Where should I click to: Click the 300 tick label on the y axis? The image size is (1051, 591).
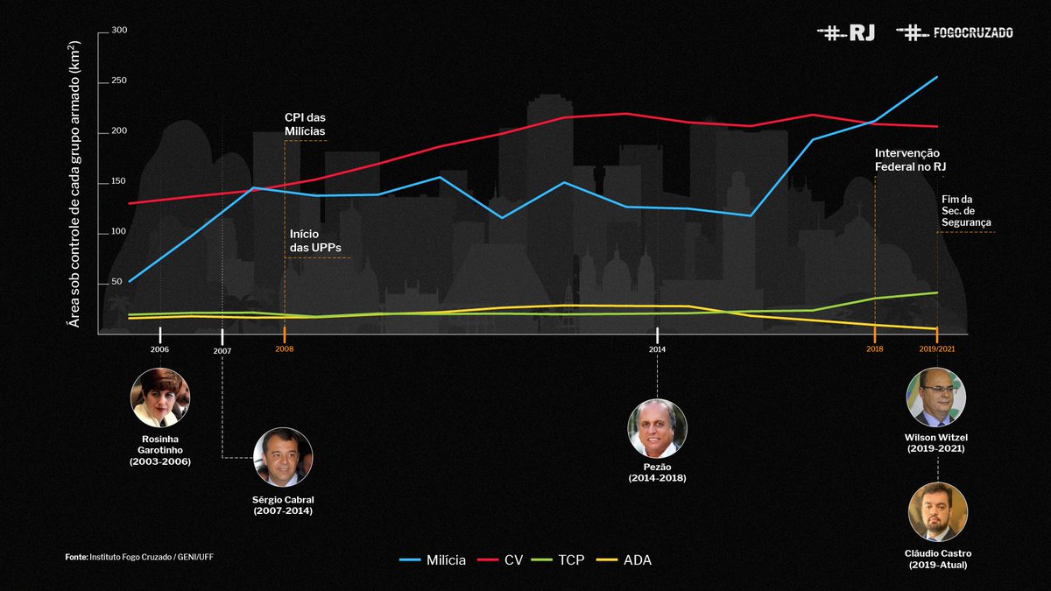tap(119, 31)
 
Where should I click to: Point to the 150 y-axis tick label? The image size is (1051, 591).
tap(119, 181)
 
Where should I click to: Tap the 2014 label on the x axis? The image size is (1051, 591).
tap(657, 349)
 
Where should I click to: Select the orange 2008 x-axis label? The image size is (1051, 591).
tap(285, 349)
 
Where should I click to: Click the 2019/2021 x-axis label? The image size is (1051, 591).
tap(936, 349)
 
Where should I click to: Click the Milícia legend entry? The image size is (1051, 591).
tap(433, 560)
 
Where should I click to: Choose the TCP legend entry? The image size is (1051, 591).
tap(558, 560)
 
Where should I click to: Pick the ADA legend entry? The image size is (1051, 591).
tap(624, 560)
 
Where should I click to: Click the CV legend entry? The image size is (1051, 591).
tap(500, 560)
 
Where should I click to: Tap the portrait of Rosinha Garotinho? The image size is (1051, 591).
tap(160, 398)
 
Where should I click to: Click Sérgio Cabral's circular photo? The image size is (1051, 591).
tap(283, 457)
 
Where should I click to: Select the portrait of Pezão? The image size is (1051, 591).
tap(657, 429)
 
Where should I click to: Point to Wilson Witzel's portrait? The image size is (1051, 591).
tap(936, 397)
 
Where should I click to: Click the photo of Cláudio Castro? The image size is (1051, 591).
tap(938, 512)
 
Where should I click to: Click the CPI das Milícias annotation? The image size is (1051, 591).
tap(305, 124)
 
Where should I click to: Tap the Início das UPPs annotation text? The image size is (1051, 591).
tap(315, 241)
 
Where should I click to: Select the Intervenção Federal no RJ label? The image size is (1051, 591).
tap(910, 159)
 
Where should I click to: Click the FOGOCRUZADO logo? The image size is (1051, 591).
tap(955, 32)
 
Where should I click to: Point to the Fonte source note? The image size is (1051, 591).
tap(139, 557)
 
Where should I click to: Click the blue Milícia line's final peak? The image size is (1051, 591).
tap(937, 77)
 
